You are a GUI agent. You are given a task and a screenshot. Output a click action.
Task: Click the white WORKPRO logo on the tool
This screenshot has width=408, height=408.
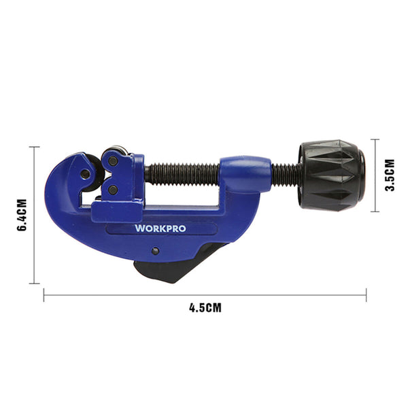coord(160,228)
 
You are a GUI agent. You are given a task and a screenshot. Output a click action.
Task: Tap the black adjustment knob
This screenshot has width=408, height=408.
coord(331,175)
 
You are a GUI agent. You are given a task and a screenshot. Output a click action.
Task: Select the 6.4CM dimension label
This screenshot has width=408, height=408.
coord(21,216)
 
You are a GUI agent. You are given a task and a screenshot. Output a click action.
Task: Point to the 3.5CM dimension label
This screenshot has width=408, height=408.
coord(389,175)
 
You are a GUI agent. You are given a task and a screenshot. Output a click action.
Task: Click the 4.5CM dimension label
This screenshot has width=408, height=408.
coord(205,307)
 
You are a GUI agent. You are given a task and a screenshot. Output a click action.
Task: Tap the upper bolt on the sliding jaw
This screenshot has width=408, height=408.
coord(113,161)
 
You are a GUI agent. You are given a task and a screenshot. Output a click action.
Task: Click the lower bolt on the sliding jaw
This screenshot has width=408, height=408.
coord(113,190)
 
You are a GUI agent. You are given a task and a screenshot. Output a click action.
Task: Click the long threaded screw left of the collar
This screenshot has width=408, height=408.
coord(182,174)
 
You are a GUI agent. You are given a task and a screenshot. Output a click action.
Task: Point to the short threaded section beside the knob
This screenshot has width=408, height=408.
coord(286,175)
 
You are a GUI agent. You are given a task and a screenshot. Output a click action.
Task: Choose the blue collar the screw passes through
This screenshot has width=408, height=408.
coord(245,174)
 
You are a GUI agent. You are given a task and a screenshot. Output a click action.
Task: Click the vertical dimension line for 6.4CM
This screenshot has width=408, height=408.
coord(32,215)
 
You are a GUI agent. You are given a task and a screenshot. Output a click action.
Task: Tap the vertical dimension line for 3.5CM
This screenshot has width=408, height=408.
coord(375,175)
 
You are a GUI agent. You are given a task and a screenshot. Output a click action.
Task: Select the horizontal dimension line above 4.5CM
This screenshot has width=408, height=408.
coord(205,294)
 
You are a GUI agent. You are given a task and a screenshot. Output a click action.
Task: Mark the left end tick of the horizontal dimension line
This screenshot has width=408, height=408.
coord(44,294)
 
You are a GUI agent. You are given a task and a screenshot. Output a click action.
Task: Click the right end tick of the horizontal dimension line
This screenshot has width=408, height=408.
coord(366,294)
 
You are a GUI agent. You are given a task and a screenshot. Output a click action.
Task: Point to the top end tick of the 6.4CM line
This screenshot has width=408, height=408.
coord(32,147)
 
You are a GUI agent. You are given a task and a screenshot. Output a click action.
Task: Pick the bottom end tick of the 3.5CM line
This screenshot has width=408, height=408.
coord(375,211)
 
